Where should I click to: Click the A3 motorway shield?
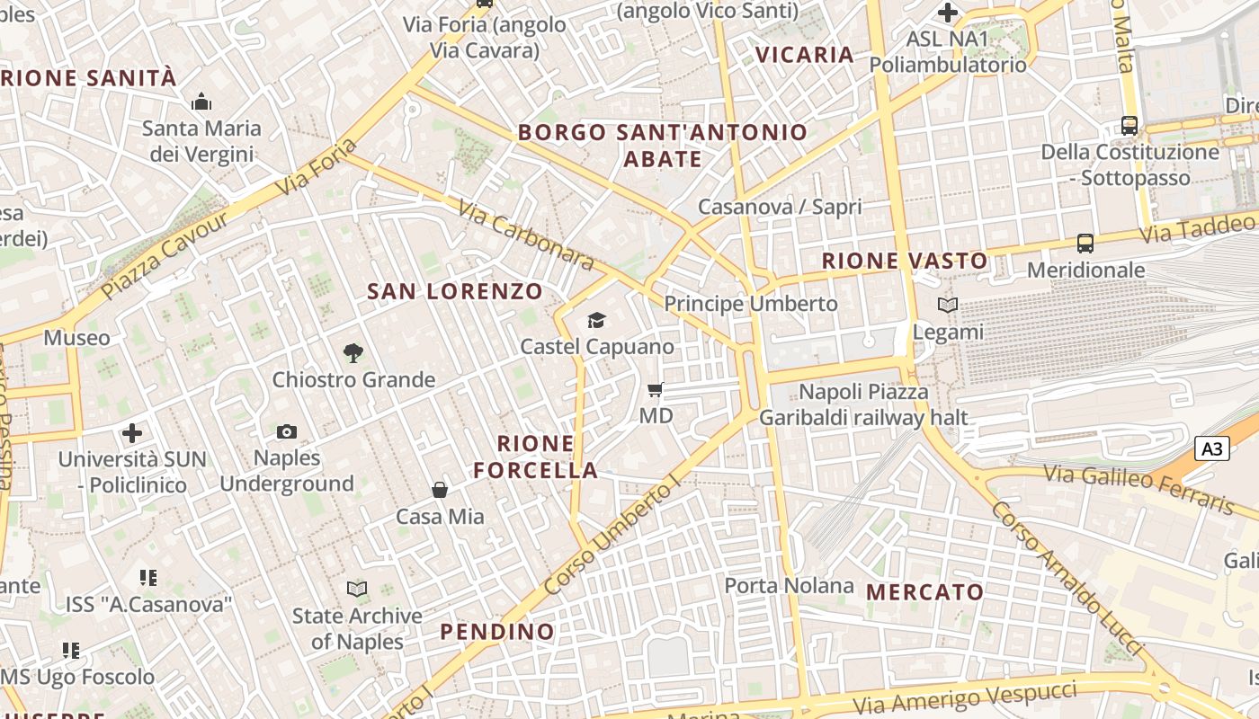(x=1212, y=448)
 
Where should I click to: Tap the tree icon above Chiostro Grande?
(x=353, y=353)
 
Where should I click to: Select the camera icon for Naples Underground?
(x=287, y=432)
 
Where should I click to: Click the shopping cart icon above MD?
(x=656, y=389)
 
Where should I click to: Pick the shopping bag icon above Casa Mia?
(x=440, y=490)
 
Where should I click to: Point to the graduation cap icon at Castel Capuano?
(x=596, y=321)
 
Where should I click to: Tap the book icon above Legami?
(x=948, y=306)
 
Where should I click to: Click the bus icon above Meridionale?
(x=1085, y=243)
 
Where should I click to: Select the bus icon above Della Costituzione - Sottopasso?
(x=1130, y=126)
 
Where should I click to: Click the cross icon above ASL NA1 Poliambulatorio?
(x=948, y=13)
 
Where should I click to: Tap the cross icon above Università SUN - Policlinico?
(x=132, y=433)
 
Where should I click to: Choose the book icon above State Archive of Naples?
(x=357, y=590)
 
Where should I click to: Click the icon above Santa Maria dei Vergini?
(x=201, y=102)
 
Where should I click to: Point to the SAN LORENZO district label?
(x=455, y=291)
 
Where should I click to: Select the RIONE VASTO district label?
(x=905, y=262)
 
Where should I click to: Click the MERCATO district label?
(x=925, y=592)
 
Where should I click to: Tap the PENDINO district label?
(x=497, y=632)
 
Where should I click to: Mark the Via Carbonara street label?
(x=526, y=235)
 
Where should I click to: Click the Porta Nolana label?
(x=789, y=586)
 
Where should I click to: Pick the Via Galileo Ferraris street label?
(x=1138, y=488)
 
